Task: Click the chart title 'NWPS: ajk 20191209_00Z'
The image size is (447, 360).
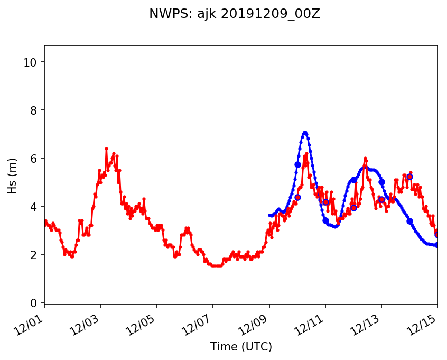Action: (x=234, y=14)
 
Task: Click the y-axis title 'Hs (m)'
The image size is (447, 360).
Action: (x=12, y=176)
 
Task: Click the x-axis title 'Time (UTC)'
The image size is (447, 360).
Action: (x=241, y=347)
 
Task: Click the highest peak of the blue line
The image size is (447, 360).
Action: (x=305, y=132)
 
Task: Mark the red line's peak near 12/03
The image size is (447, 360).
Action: (x=106, y=149)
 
